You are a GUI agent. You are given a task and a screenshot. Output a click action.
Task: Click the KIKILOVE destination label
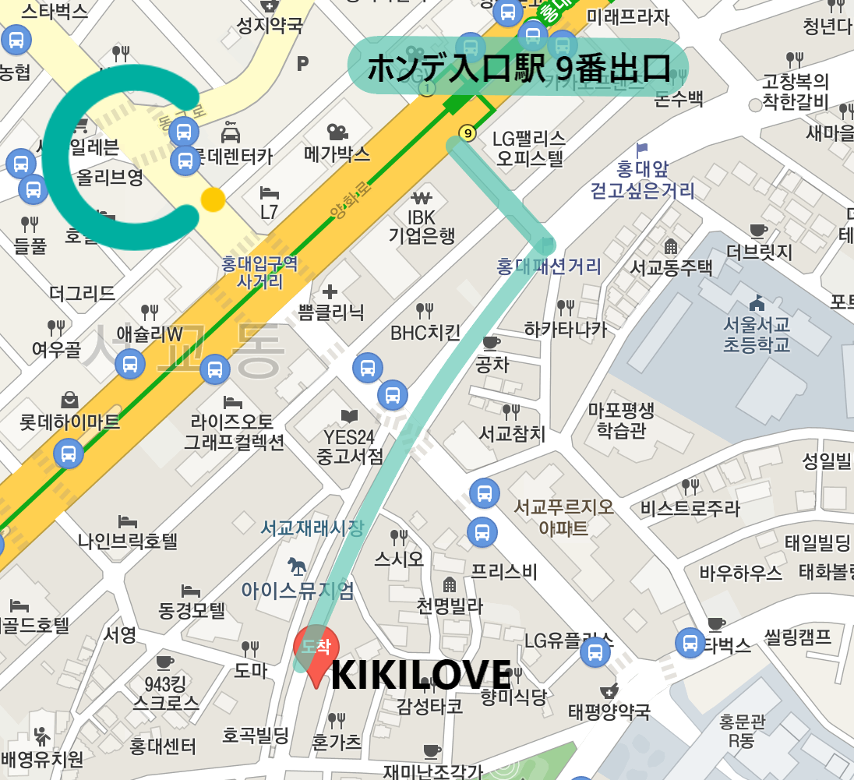[421, 675]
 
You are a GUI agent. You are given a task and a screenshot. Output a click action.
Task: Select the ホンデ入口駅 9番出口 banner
[518, 67]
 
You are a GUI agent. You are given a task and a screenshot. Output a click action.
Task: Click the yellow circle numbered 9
[468, 132]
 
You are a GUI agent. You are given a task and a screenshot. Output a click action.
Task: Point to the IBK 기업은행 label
[422, 226]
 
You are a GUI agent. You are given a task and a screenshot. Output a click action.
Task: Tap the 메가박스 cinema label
[337, 154]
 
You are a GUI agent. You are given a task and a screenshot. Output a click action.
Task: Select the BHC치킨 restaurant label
[425, 333]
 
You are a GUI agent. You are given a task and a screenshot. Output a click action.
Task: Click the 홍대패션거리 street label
[549, 267]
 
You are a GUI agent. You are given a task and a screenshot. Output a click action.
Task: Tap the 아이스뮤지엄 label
[298, 591]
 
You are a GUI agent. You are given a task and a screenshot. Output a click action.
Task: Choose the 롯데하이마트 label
[70, 422]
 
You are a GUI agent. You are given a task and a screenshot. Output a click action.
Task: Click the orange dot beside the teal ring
[213, 199]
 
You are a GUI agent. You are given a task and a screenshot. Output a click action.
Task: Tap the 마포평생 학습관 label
[621, 419]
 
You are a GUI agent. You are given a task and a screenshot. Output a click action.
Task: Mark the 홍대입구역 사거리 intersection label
[260, 273]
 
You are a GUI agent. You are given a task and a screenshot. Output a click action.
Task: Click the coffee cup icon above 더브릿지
[757, 230]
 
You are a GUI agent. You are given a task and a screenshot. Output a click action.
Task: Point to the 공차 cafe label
[491, 364]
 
